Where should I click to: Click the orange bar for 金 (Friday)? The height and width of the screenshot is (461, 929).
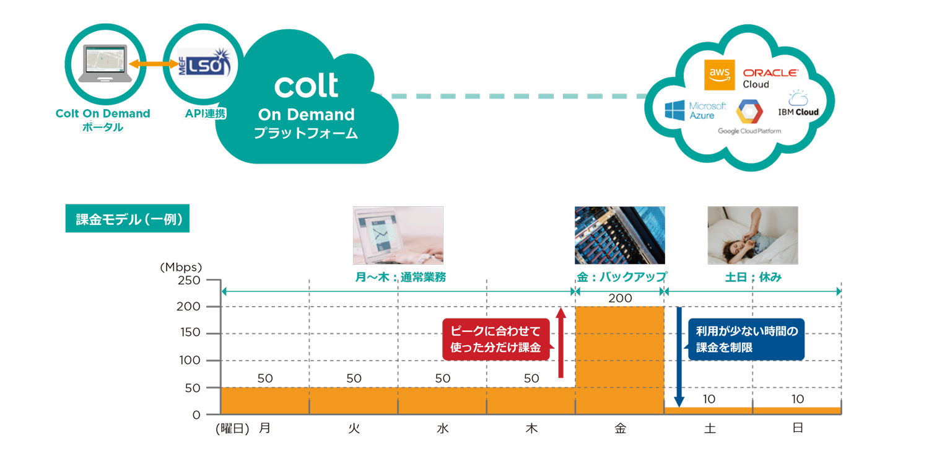click(x=619, y=360)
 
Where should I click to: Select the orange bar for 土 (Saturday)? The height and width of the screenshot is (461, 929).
click(x=709, y=410)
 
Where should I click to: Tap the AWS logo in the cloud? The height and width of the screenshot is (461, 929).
click(x=720, y=75)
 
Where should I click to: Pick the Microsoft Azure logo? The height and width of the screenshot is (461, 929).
click(x=694, y=110)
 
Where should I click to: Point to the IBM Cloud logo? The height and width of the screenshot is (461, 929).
click(x=798, y=102)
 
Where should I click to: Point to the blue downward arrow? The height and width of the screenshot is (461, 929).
click(x=679, y=357)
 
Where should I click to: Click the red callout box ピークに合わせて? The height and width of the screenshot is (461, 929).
click(x=496, y=339)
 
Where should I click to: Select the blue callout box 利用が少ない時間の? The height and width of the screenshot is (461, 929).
click(x=746, y=340)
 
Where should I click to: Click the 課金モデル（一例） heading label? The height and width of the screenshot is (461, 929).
click(x=127, y=219)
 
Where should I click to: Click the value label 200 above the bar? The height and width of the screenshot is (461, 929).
click(x=619, y=299)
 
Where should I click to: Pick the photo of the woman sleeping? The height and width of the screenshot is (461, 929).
click(x=752, y=235)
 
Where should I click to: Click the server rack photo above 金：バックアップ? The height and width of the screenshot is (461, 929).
click(x=619, y=235)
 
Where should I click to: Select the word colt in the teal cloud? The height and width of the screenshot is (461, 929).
click(x=306, y=86)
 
